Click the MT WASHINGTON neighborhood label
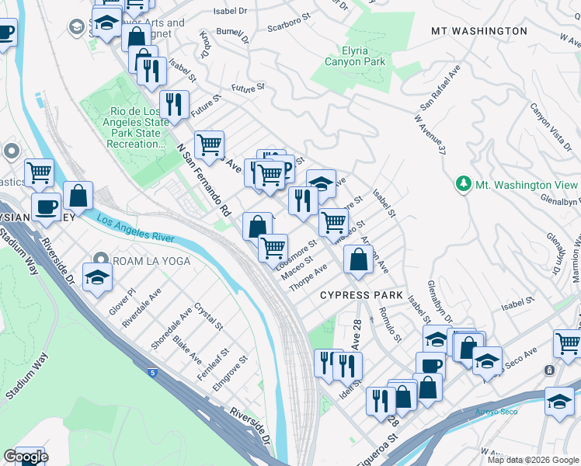coord(478,31)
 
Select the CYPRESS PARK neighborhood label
coord(362,295)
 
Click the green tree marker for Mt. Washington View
coord(464,184)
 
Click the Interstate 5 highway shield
coord(151,373)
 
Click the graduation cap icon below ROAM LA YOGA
coord(97,277)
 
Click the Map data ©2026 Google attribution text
coord(534,460)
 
